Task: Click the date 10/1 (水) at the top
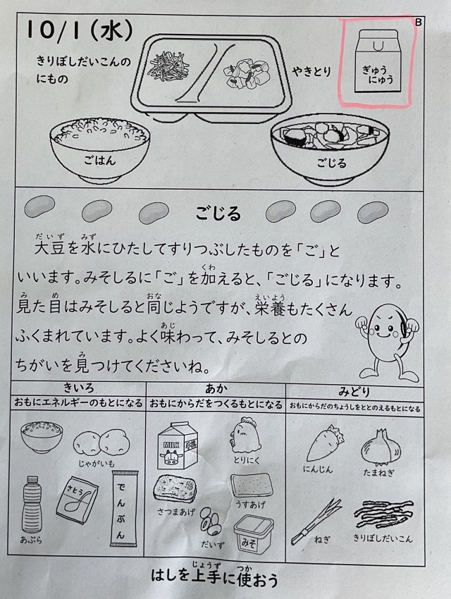79,30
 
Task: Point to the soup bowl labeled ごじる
330,152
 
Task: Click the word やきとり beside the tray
312,71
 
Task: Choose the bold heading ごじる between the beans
218,213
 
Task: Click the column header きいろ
78,388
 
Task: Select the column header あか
216,389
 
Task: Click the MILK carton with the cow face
177,445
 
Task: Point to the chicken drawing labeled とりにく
245,436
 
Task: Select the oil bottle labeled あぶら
32,504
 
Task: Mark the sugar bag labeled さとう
77,500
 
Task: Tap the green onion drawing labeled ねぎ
316,520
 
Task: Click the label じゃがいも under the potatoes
97,464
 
